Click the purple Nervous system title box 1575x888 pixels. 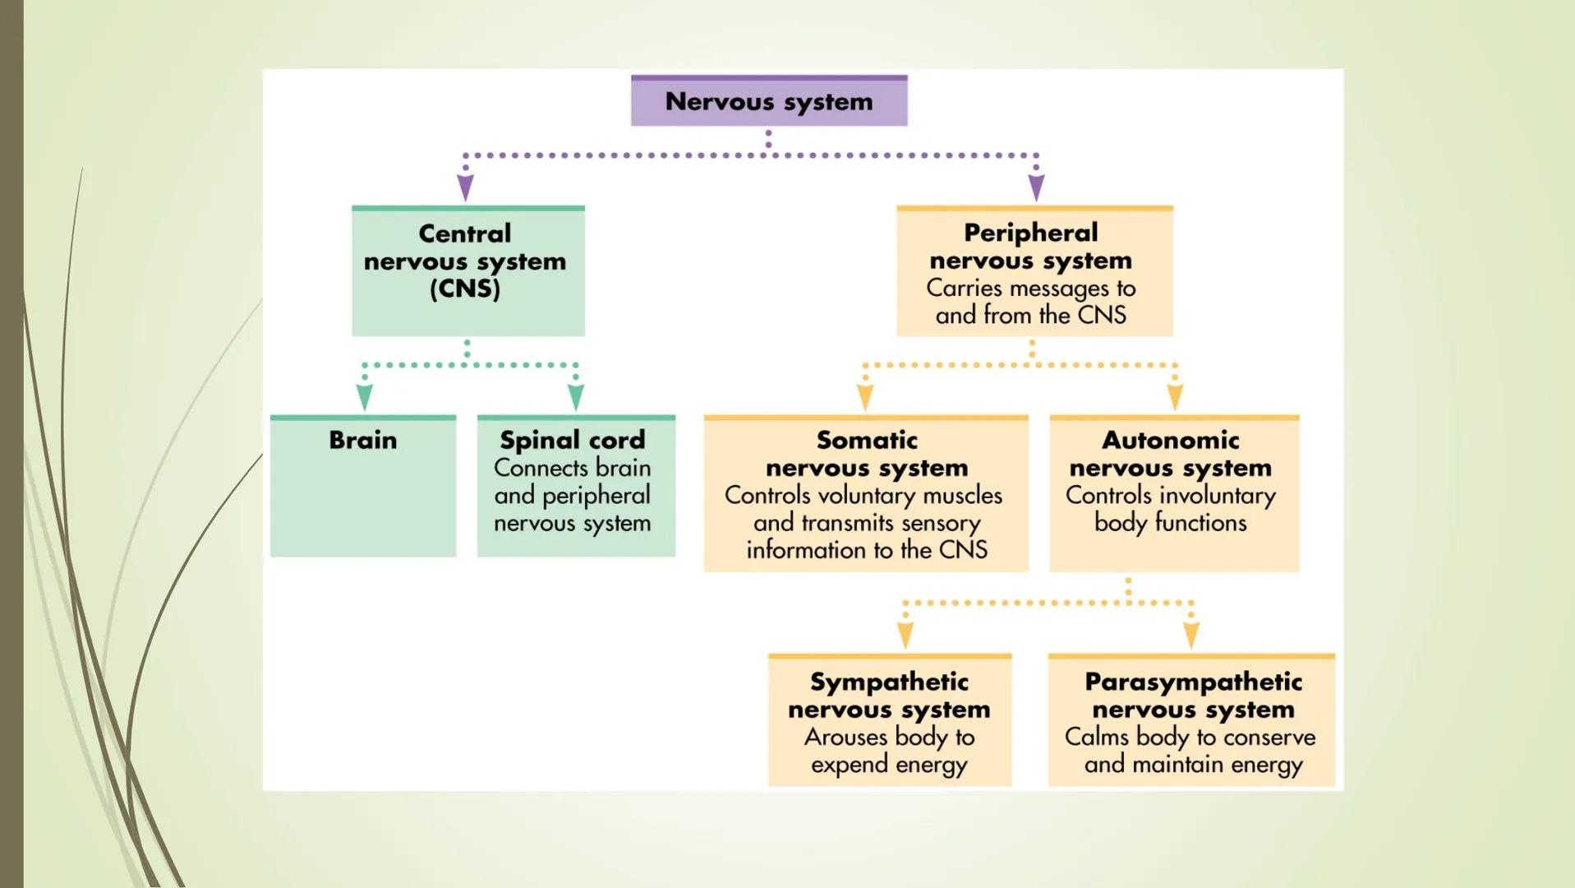pos(769,101)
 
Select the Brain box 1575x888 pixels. pos(362,485)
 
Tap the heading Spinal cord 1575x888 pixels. pos(573,440)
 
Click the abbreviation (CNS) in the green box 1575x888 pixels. pos(465,289)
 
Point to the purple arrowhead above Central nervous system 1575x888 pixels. pos(465,188)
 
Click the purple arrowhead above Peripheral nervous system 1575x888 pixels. pos(1036,188)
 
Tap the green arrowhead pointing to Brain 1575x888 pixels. pos(365,398)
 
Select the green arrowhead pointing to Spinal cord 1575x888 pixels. pos(576,398)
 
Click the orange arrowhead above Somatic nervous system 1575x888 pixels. pos(865,398)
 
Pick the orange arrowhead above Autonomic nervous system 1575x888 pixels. pos(1175,398)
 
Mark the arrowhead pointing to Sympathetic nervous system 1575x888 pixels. pos(905,636)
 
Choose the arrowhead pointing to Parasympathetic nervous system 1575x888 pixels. pos(1191,636)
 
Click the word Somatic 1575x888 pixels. pos(867,440)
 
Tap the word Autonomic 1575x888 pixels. pos(1170,440)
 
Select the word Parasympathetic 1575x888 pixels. pos(1193,682)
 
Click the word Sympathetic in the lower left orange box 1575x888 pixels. pos(889,682)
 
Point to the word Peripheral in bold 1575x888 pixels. pos(1030,233)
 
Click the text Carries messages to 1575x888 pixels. pos(1030,288)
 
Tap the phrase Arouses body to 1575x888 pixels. pos(889,737)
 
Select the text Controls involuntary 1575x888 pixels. pos(1170,495)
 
